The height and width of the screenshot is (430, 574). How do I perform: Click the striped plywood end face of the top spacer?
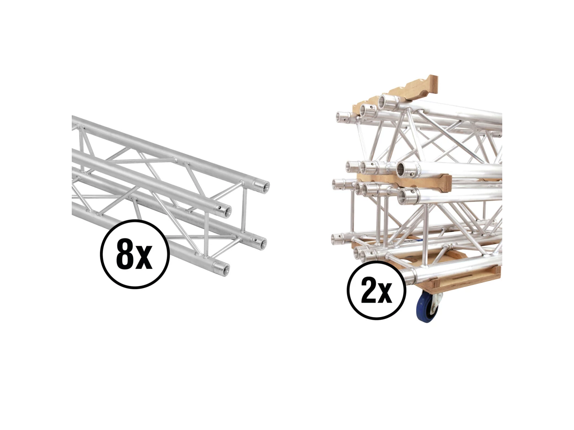(434, 83)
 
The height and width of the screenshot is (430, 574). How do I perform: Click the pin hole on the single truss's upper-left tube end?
(220, 207)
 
